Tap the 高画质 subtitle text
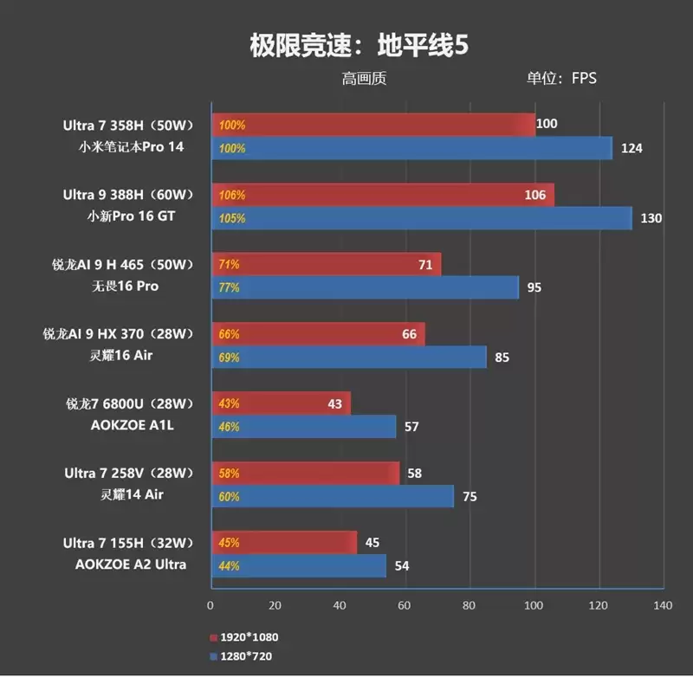point(364,79)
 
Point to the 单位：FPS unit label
point(561,79)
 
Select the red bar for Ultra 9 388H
point(381,195)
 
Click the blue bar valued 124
point(411,148)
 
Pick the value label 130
point(651,218)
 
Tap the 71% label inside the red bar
point(230,264)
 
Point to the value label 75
point(469,497)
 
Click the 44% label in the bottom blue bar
point(230,565)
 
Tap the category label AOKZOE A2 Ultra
point(138,564)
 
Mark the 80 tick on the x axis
point(470,604)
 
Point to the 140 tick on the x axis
point(663,604)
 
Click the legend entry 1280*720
point(244,656)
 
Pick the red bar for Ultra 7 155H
point(284,543)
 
